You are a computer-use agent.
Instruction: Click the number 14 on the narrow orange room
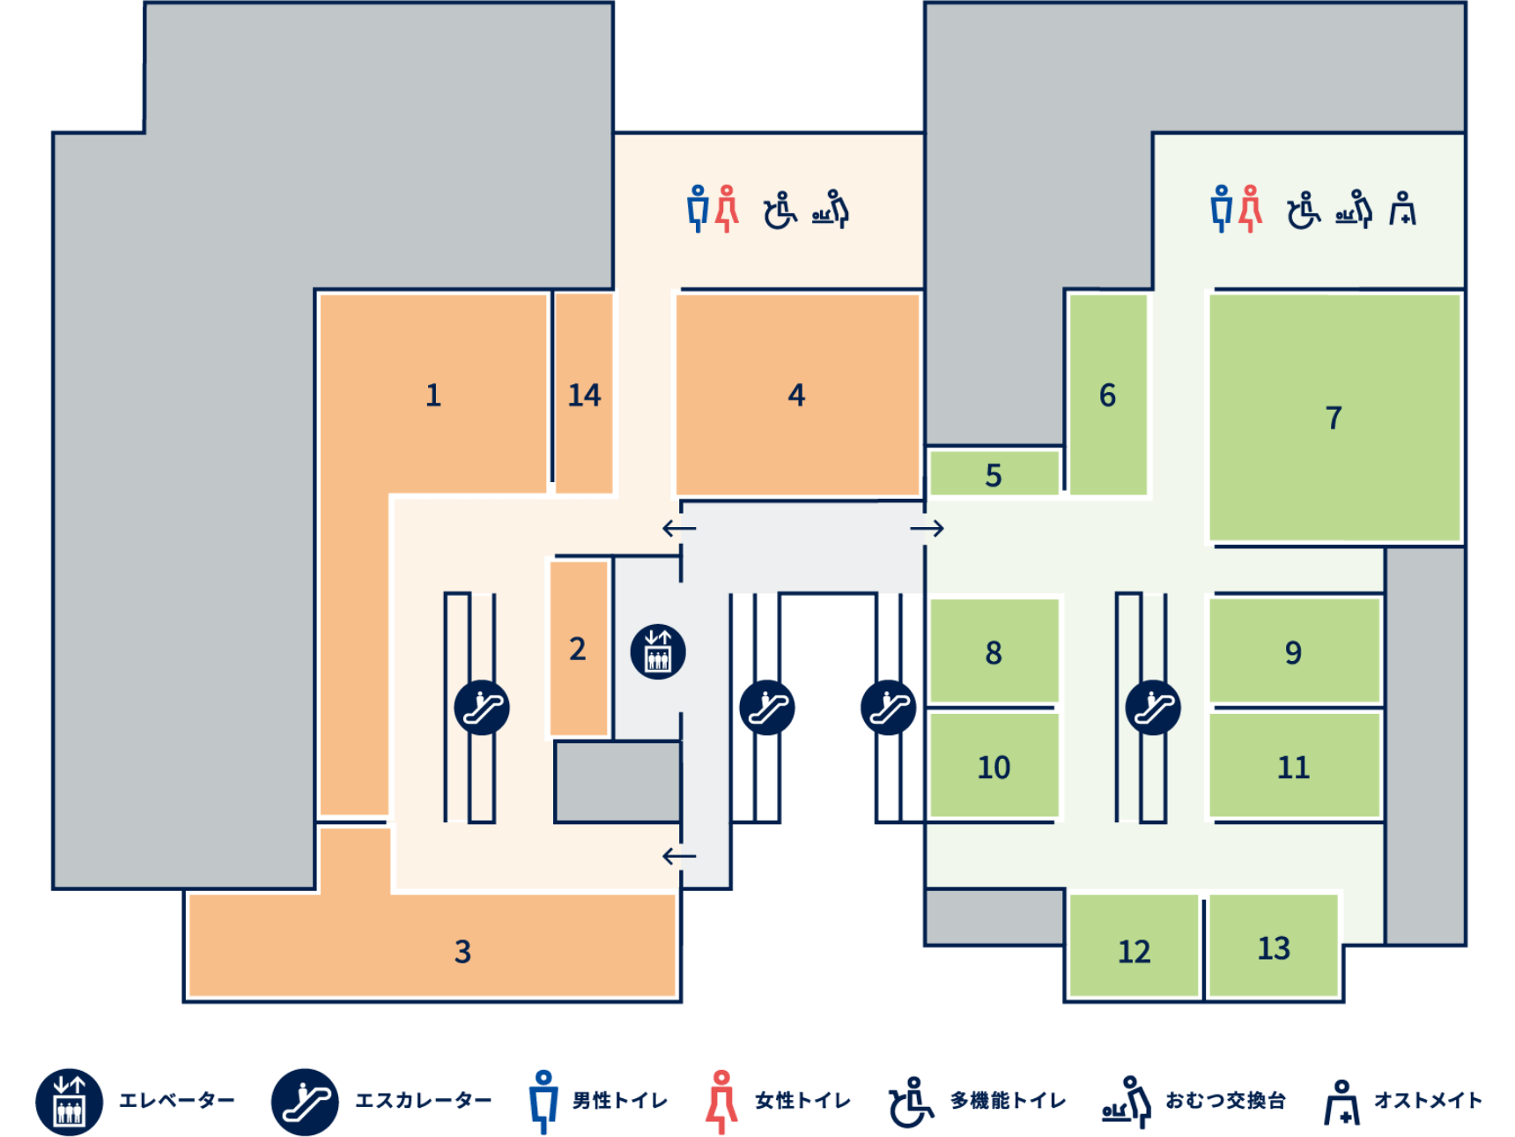point(584,395)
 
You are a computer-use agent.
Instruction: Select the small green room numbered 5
point(994,475)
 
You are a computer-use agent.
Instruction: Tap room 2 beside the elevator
point(578,649)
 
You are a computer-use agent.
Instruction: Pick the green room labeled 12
point(1134,951)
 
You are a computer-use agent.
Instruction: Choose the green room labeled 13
point(1274,947)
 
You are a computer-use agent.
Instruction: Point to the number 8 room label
point(994,652)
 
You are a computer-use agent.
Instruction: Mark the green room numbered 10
point(994,767)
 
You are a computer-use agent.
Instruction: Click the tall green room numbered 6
point(1107,395)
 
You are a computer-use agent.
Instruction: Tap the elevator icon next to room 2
point(658,652)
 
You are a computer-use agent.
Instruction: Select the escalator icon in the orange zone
point(482,707)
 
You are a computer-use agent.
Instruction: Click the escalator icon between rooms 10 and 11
point(1153,707)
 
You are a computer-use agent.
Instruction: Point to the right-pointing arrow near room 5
point(927,528)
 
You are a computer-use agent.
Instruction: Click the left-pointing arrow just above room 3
point(679,856)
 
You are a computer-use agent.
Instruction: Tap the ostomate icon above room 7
point(1402,209)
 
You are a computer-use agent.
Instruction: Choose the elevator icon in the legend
point(70,1102)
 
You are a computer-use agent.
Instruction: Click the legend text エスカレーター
point(424,1101)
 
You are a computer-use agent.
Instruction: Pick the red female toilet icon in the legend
point(721,1102)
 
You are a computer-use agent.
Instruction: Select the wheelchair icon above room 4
point(780,210)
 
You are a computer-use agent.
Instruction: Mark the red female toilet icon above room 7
point(1250,209)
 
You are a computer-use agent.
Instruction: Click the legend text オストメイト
point(1428,1101)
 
